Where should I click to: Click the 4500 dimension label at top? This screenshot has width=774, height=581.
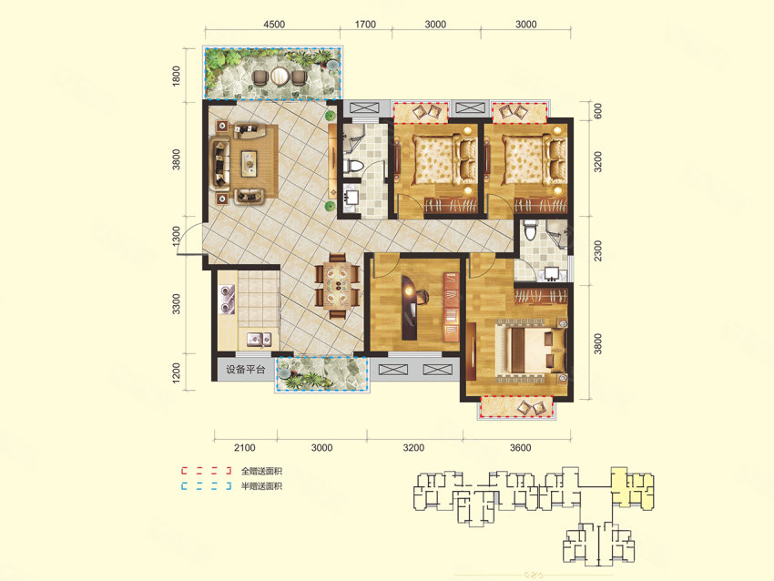[x=274, y=25]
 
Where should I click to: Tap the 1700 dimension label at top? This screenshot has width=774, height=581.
[x=365, y=25]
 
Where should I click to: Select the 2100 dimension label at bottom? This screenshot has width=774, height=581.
[x=244, y=448]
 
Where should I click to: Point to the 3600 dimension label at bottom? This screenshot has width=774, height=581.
[x=520, y=448]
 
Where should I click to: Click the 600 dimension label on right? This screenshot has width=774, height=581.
[x=597, y=110]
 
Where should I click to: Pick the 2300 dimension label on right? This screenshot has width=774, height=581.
[x=597, y=250]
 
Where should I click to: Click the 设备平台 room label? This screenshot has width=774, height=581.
[x=245, y=369]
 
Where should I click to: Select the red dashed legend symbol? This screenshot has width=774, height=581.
[x=207, y=471]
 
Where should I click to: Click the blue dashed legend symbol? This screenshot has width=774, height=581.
[x=207, y=485]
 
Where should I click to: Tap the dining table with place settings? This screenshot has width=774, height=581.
[x=338, y=285]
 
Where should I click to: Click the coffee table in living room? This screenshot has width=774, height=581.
[x=249, y=163]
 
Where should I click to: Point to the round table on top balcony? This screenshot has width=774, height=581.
[x=280, y=76]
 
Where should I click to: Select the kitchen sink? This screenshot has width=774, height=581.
[x=260, y=339]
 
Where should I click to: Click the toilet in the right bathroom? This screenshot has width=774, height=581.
[x=530, y=229]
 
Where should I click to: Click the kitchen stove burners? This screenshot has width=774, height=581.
[x=227, y=299]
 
